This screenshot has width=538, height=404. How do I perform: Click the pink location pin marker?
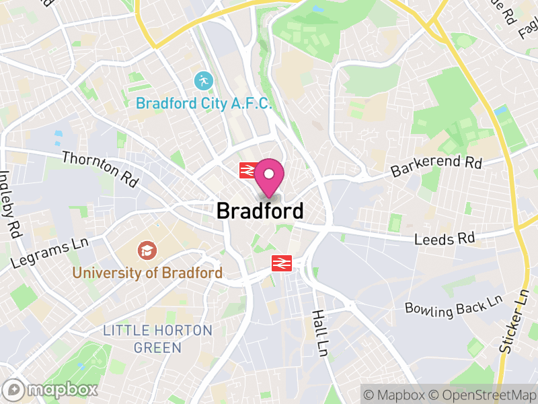(x=269, y=175)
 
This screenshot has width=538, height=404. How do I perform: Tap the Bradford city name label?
(x=260, y=211)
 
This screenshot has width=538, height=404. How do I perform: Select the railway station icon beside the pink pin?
(x=245, y=170)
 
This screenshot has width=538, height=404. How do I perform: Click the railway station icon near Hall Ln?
(x=281, y=263)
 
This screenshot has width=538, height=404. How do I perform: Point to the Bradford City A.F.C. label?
(x=204, y=104)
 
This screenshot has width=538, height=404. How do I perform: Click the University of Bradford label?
(x=147, y=273)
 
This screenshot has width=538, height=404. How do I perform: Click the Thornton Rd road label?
(x=100, y=169)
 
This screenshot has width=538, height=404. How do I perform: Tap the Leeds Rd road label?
(x=445, y=238)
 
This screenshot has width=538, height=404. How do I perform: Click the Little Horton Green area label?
(x=157, y=339)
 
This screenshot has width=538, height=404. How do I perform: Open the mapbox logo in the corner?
(x=51, y=389)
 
